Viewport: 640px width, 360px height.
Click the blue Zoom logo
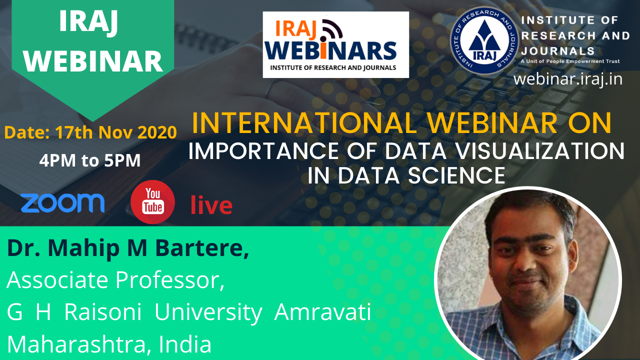[x=62, y=203]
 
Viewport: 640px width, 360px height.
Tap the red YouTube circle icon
[x=152, y=201]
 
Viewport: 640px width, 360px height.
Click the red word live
[x=211, y=205]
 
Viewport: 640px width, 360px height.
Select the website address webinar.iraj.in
[x=567, y=79]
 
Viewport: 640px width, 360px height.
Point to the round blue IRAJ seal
[x=484, y=40]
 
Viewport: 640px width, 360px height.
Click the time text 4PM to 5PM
[x=90, y=160]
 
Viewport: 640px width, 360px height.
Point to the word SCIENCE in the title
[x=456, y=175]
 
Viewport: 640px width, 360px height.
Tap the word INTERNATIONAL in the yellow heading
[x=304, y=123]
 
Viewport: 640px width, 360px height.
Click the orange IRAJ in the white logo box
[x=295, y=29]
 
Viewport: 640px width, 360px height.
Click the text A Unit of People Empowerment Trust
[x=570, y=61]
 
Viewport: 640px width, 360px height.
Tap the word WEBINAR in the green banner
[x=93, y=61]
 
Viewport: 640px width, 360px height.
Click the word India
[x=185, y=344]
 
